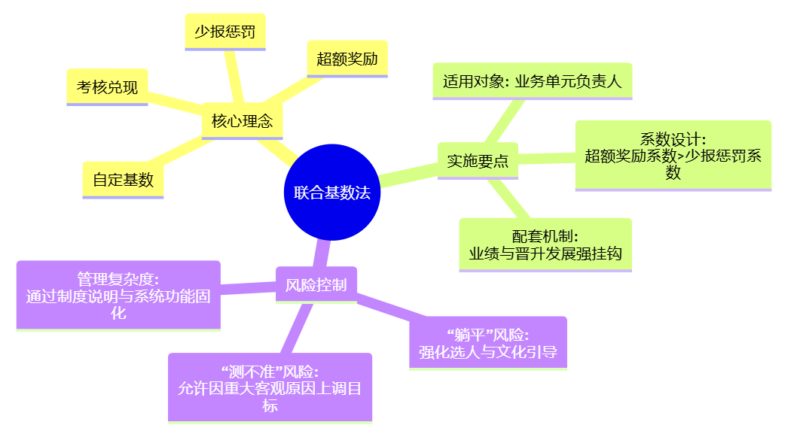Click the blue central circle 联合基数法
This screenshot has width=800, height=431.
(x=331, y=193)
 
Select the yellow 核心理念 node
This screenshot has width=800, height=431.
(x=242, y=121)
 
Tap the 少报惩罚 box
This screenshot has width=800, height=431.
(x=224, y=32)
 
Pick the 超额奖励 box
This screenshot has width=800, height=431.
(x=347, y=59)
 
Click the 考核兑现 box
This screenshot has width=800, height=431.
(x=107, y=87)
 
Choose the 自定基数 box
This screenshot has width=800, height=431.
(x=123, y=180)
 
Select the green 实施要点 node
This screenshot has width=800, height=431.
(x=478, y=160)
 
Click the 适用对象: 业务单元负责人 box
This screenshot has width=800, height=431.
(x=532, y=81)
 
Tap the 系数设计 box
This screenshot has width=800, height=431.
(x=673, y=155)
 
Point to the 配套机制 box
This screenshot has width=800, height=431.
(x=545, y=244)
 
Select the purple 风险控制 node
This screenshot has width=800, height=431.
(x=316, y=284)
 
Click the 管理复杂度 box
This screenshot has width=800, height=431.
(x=118, y=296)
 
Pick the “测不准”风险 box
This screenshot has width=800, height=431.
(x=270, y=388)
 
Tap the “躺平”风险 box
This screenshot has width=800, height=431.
(x=487, y=343)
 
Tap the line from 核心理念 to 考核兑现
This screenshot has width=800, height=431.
(x=175, y=102)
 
